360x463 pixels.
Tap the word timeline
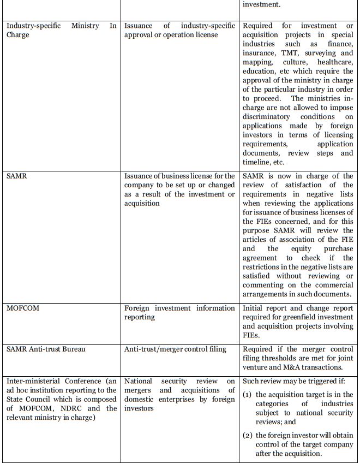tap(256, 162)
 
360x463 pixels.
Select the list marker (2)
tap(248, 435)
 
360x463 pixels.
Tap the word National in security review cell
tap(139, 381)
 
